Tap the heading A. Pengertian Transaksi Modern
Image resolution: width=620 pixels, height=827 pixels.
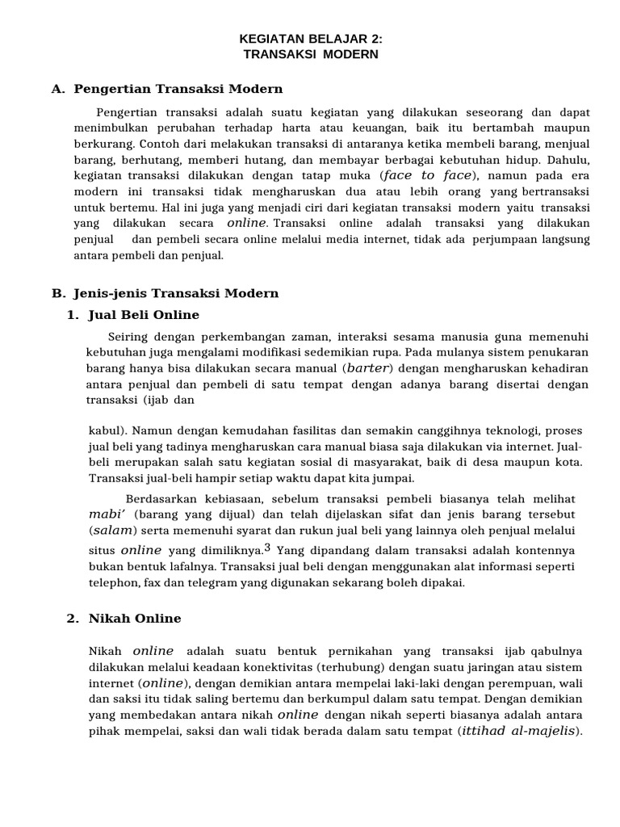166,89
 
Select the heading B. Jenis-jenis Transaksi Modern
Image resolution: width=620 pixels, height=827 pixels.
165,293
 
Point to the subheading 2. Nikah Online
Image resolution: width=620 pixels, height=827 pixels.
124,619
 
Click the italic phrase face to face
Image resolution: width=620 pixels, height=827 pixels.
427,175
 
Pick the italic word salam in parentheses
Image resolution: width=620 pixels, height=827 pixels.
113,530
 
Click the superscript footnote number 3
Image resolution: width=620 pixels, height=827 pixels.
266,548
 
